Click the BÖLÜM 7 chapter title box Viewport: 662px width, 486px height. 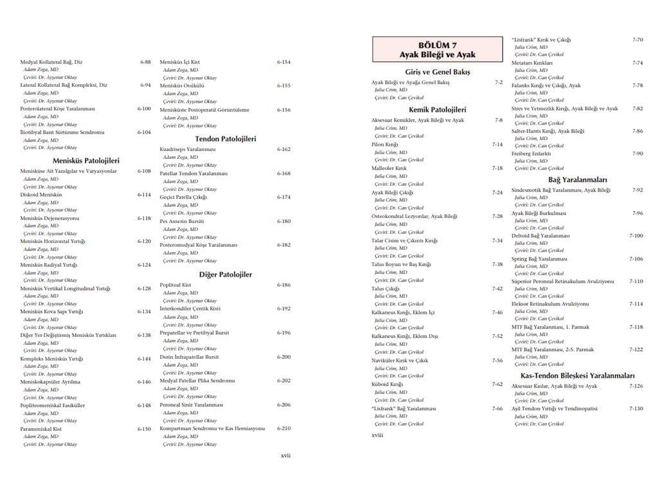[437, 50]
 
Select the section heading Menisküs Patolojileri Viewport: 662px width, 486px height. [85, 161]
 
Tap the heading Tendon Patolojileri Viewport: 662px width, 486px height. [226, 138]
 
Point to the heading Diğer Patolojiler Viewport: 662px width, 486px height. [225, 274]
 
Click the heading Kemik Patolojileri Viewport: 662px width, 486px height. [437, 110]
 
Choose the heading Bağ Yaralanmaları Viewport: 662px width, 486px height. [577, 180]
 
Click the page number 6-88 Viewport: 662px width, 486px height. [145, 62]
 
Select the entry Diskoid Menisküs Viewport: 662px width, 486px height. [41, 194]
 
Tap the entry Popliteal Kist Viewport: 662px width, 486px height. [175, 285]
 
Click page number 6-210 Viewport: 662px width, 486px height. [284, 428]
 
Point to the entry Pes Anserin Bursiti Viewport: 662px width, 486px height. [182, 221]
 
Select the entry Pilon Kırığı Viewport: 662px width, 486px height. [385, 145]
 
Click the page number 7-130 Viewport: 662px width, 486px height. [636, 409]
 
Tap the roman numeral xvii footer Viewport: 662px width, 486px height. [285, 455]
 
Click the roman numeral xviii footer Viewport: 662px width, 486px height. [377, 435]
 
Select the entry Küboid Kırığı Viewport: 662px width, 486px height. [387, 384]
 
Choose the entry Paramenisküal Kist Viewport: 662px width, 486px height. [41, 429]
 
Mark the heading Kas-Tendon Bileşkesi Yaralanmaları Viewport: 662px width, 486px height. [577, 375]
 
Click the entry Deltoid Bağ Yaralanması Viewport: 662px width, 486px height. [541, 236]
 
